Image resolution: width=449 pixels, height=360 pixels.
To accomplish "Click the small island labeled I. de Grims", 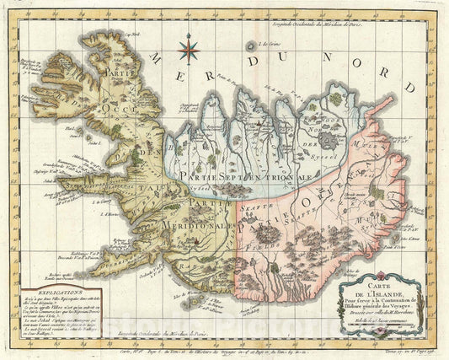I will tap(249, 47).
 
